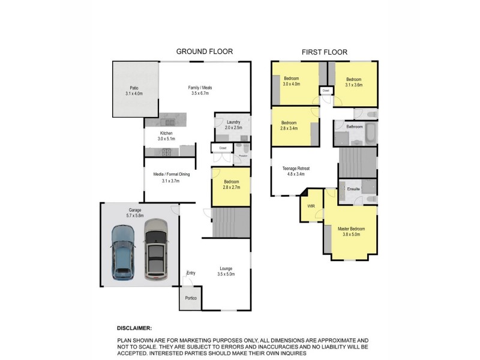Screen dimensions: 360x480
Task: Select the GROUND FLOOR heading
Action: coord(204,52)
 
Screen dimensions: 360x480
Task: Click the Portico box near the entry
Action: coord(190,298)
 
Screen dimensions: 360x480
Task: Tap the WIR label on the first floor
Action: coord(310,206)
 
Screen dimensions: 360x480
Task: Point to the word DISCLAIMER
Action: coord(135,329)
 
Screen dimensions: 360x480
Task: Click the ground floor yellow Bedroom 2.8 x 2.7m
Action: coord(230,187)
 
